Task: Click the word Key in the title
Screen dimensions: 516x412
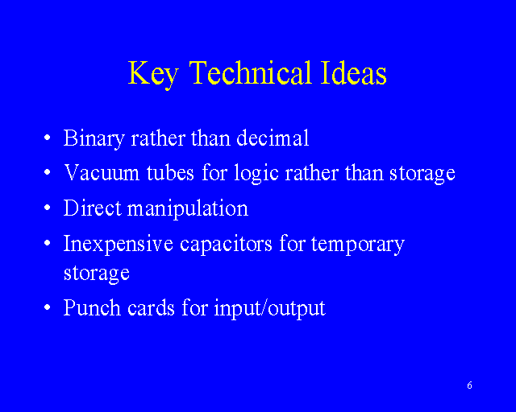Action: [153, 74]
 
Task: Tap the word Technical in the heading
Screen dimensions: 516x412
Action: [250, 72]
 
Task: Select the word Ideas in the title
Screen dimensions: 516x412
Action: [354, 72]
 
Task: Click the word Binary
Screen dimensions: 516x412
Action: [94, 138]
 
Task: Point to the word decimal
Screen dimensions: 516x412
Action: [273, 138]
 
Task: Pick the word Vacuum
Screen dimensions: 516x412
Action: [102, 173]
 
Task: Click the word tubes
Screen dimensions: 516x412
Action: [170, 172]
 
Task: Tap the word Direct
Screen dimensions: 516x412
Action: [93, 208]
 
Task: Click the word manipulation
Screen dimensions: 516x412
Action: [188, 209]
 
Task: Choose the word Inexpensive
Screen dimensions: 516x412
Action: [119, 245]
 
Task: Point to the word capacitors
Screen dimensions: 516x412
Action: [226, 245]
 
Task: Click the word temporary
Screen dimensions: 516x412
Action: [358, 245]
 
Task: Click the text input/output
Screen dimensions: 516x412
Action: [269, 309]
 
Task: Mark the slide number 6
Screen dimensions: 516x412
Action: [469, 385]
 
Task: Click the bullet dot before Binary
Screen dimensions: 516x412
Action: [48, 138]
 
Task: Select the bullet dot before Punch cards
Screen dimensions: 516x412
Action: [48, 307]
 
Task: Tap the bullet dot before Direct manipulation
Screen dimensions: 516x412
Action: [48, 208]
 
